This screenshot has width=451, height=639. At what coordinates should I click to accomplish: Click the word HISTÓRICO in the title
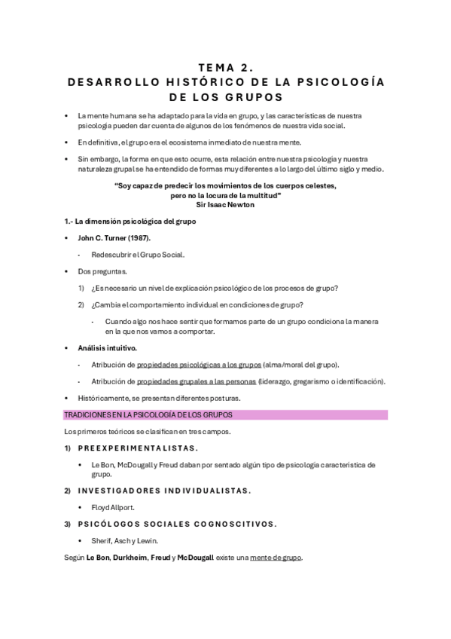(199, 82)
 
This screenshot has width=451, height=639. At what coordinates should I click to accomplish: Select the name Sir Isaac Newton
(225, 204)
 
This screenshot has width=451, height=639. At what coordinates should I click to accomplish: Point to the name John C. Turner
(105, 237)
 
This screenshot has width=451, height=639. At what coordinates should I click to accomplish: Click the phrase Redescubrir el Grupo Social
(138, 254)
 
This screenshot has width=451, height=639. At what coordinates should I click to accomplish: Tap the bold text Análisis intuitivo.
(107, 348)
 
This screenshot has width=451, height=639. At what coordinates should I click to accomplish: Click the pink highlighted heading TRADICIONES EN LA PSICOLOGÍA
(148, 414)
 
